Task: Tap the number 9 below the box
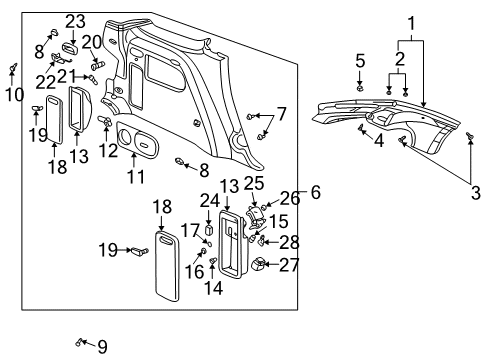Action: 101,347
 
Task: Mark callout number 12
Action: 108,151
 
